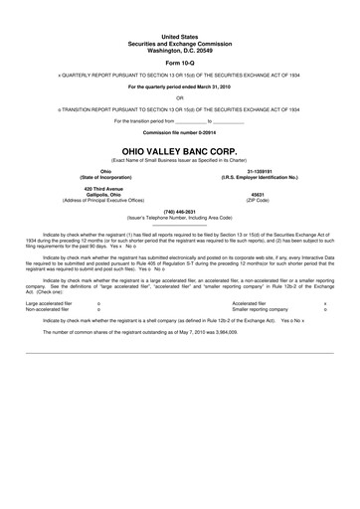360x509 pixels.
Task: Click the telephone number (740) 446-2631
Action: tap(180, 211)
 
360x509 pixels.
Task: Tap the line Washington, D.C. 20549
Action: tap(180, 45)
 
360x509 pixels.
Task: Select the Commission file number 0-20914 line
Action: tap(180, 131)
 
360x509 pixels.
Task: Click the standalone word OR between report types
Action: tap(180, 97)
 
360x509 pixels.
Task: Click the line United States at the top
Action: tap(180, 34)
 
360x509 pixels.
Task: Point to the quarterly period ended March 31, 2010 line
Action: tap(180, 86)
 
